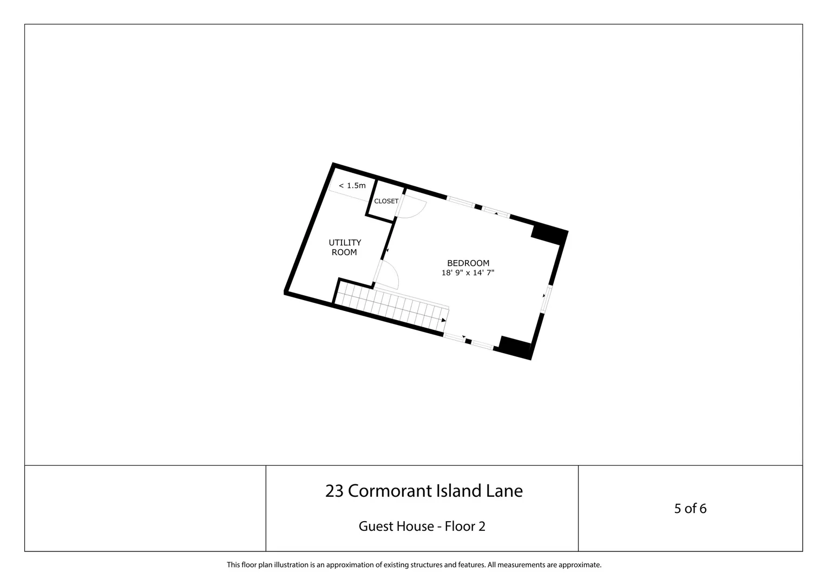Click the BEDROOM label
468,263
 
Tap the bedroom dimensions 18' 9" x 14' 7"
468,272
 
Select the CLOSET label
386,201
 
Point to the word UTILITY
345,243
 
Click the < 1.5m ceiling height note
352,185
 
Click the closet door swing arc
419,212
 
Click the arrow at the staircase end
444,320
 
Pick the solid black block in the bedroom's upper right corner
549,234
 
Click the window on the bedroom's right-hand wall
546,300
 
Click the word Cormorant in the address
390,491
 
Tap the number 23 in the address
334,491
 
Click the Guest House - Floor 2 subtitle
422,526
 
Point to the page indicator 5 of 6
691,509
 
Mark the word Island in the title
459,491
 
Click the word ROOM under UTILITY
344,252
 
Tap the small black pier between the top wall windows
478,207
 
